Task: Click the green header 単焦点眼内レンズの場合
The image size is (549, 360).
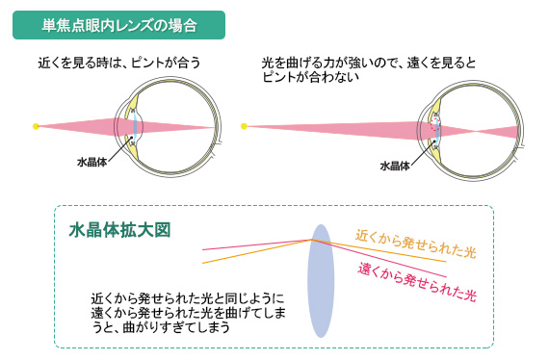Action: coord(118,25)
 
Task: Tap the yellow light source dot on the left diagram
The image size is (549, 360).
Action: coord(36,125)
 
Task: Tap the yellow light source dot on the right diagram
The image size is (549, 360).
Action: coord(244,125)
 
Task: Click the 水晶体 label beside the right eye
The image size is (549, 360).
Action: coord(395,165)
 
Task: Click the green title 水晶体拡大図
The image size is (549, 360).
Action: coord(120,231)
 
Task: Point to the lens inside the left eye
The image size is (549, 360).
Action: coord(137,125)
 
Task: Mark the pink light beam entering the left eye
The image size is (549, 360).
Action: coord(87,125)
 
